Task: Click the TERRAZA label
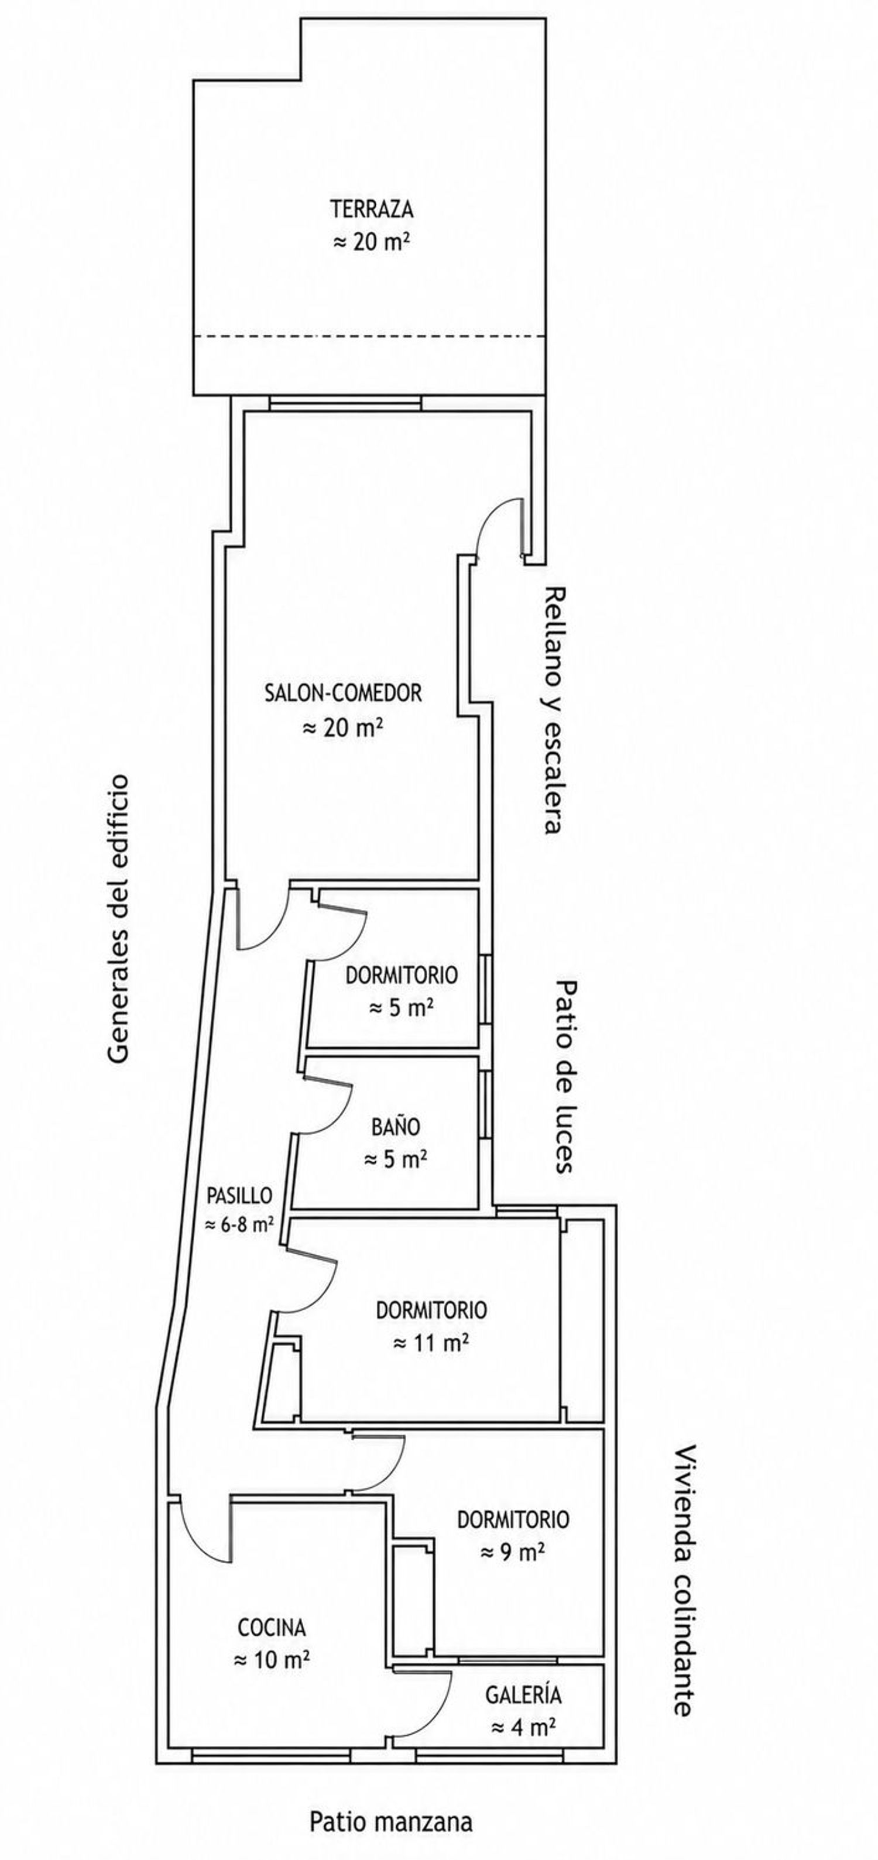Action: pos(372,210)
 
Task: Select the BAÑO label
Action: pos(396,1127)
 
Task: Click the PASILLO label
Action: pos(240,1195)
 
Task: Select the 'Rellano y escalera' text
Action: pos(553,710)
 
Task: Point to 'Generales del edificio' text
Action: pos(118,918)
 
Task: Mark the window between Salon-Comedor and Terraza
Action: pos(344,403)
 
